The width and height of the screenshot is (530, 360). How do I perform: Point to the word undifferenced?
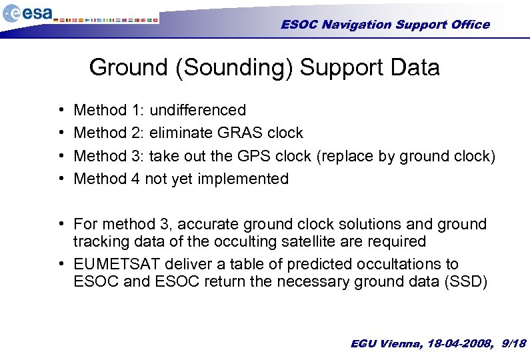click(198, 110)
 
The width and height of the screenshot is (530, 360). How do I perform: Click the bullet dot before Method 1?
click(61, 110)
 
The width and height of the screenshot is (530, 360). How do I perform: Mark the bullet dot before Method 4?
click(61, 179)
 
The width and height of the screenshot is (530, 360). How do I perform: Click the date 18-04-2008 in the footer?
click(457, 343)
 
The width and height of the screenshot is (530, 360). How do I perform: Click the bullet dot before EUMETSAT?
click(61, 265)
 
